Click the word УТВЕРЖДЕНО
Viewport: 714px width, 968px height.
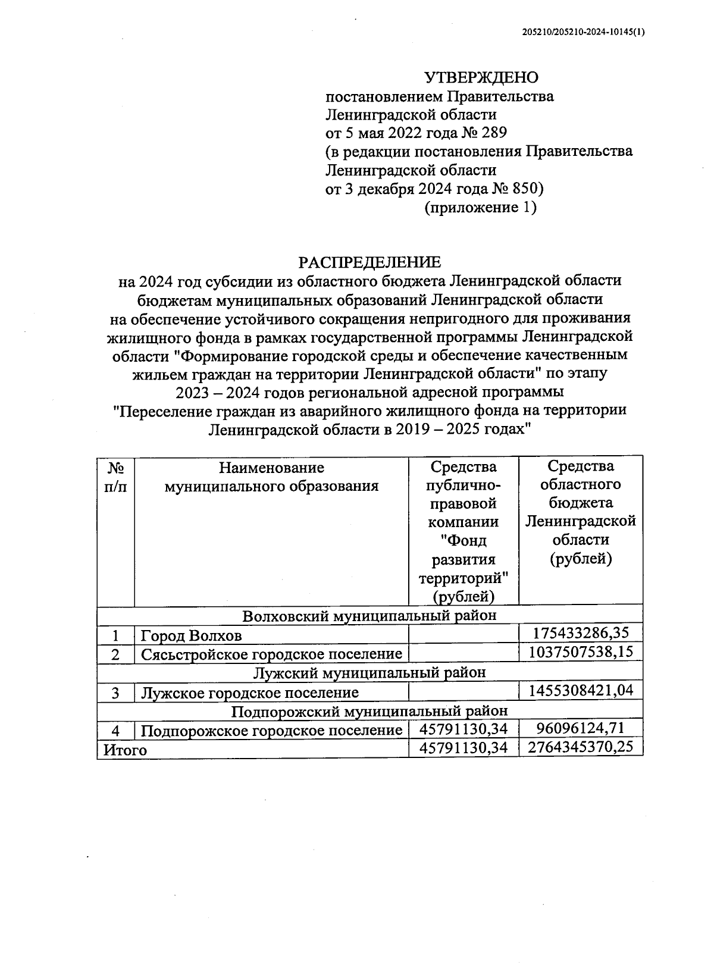tap(481, 77)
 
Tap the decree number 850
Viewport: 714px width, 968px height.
tap(524, 189)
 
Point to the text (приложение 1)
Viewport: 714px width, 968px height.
tap(480, 208)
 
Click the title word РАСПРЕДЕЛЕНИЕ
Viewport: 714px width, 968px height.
tap(369, 262)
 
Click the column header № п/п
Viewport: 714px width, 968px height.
tap(115, 477)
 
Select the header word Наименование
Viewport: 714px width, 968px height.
tap(271, 468)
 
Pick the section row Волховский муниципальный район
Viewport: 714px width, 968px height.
tap(369, 615)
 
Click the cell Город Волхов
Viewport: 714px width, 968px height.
tap(192, 635)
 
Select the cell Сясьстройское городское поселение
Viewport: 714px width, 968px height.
tap(271, 654)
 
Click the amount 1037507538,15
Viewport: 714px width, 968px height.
tap(581, 651)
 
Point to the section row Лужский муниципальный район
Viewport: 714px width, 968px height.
tap(369, 672)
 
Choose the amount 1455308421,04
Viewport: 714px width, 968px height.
tap(581, 690)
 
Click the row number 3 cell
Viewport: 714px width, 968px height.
tap(115, 693)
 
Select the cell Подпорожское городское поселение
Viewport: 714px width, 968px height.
tap(271, 730)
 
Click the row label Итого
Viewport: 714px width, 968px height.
tap(125, 750)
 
